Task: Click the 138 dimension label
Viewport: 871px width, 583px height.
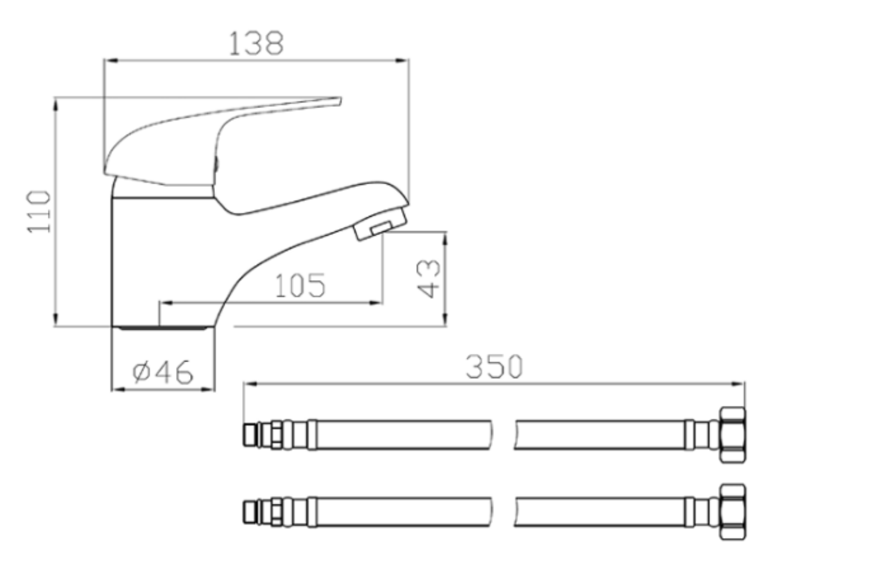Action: tap(256, 43)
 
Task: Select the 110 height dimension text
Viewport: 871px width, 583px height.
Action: tap(39, 211)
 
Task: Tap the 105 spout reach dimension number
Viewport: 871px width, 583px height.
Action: tap(300, 285)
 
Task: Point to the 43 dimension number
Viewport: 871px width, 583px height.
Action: tap(429, 279)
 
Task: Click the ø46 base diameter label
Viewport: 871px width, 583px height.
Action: tap(162, 372)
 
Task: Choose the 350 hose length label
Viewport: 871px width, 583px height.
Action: tap(494, 366)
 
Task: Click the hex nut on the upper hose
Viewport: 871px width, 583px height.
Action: tap(733, 435)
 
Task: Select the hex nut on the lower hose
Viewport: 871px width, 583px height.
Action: tap(733, 512)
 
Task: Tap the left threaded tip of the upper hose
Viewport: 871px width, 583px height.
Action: tap(250, 435)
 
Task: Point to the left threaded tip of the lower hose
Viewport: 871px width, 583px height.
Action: tap(250, 512)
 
